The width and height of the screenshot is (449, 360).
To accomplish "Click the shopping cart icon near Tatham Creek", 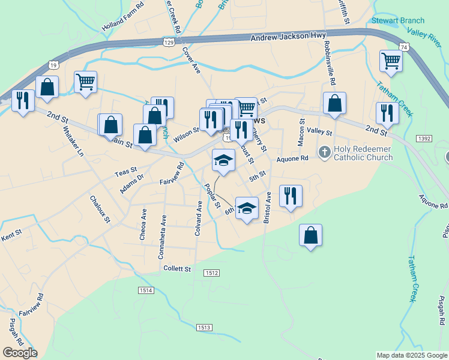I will pos(390,61).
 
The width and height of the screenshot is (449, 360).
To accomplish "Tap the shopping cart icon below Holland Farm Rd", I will pos(85,82).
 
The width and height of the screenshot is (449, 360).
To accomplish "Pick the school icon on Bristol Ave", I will pos(247,208).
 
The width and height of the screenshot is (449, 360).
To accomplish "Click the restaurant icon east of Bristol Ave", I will pos(291,196).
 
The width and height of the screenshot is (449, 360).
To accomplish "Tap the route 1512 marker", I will pos(211,273).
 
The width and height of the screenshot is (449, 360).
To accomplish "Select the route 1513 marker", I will pos(203,327).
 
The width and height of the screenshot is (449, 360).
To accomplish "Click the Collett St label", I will pos(177,269).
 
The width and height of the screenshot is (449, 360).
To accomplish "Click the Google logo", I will pos(20,352).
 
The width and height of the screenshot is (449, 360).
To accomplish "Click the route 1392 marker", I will pos(423,138).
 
